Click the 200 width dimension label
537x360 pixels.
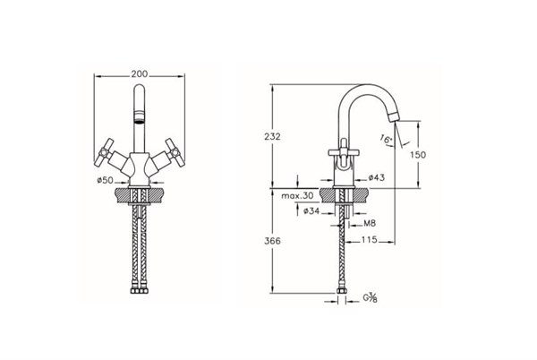click(140, 74)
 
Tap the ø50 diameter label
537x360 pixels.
click(105, 180)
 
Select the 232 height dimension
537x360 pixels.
click(272, 137)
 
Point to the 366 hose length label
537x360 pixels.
click(272, 241)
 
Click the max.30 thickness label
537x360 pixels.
click(297, 196)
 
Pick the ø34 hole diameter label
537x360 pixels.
click(311, 211)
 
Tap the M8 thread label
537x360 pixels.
click(370, 224)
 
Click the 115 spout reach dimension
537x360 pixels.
click(369, 240)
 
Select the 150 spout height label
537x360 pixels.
click(418, 155)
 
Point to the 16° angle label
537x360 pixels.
click(386, 139)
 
